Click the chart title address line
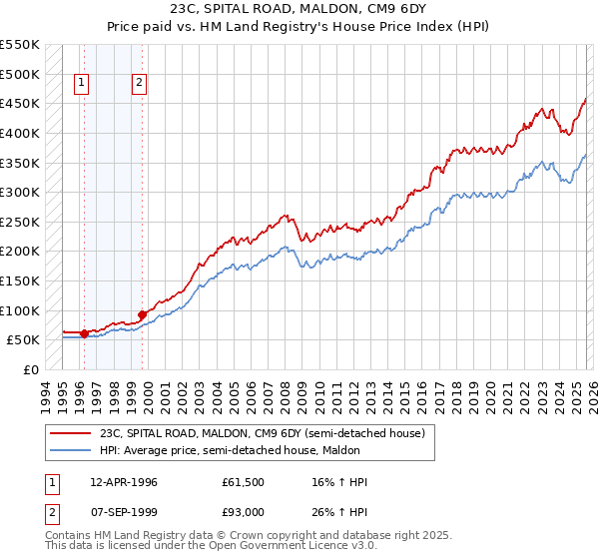coord(299,9)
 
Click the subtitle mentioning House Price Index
coord(299,27)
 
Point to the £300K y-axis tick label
coord(20,192)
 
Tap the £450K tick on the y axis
coord(20,103)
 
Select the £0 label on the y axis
coord(30,369)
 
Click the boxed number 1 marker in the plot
coord(81,84)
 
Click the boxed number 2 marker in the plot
coord(139,84)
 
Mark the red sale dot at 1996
coord(84,333)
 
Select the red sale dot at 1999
coord(142,314)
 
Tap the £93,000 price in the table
coord(244,512)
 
